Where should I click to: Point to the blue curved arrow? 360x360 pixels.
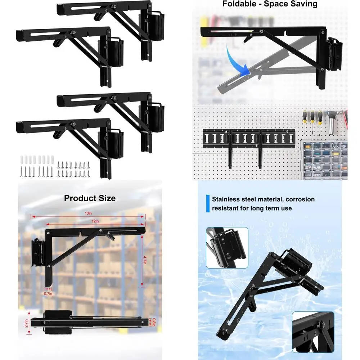pos(237,59)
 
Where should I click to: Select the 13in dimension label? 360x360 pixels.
pos(87,213)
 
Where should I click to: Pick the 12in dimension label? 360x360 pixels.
pos(95,221)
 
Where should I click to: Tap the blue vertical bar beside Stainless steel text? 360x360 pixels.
pos(208,203)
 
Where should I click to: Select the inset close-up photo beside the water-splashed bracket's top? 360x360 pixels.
pos(227,247)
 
